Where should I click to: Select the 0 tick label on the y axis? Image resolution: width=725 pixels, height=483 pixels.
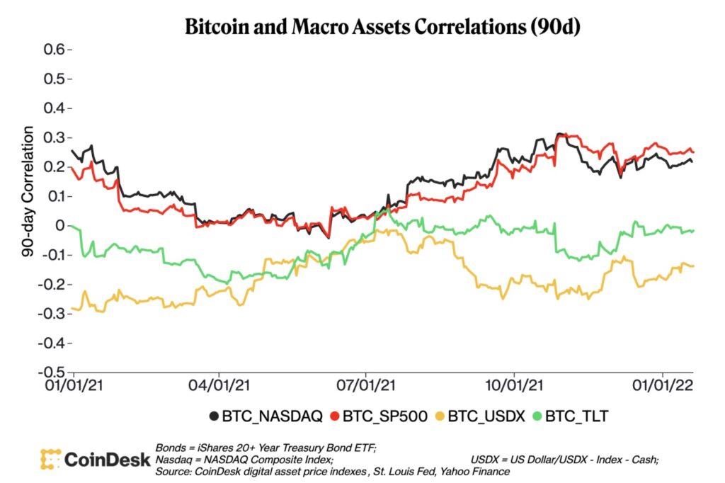point(60,226)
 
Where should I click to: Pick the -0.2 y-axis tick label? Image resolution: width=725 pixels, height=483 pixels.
point(53,285)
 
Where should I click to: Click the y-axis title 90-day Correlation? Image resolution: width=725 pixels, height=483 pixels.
point(28,191)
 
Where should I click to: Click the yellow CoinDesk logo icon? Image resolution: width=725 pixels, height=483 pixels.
point(50,459)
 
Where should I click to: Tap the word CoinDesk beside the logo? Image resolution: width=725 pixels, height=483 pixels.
point(106,460)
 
